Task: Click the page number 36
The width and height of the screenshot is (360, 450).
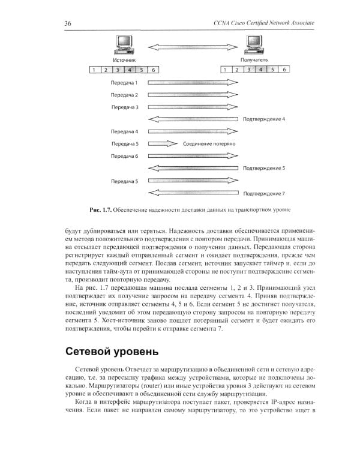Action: [x=68, y=23]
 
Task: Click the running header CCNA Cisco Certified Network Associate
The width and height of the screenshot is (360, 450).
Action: [x=264, y=23]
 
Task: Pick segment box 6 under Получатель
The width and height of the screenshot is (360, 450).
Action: [x=285, y=70]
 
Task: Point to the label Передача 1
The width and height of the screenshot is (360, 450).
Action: [x=124, y=82]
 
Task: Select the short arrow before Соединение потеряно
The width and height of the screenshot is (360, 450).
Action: [x=163, y=144]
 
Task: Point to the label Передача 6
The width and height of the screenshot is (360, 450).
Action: [x=124, y=156]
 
